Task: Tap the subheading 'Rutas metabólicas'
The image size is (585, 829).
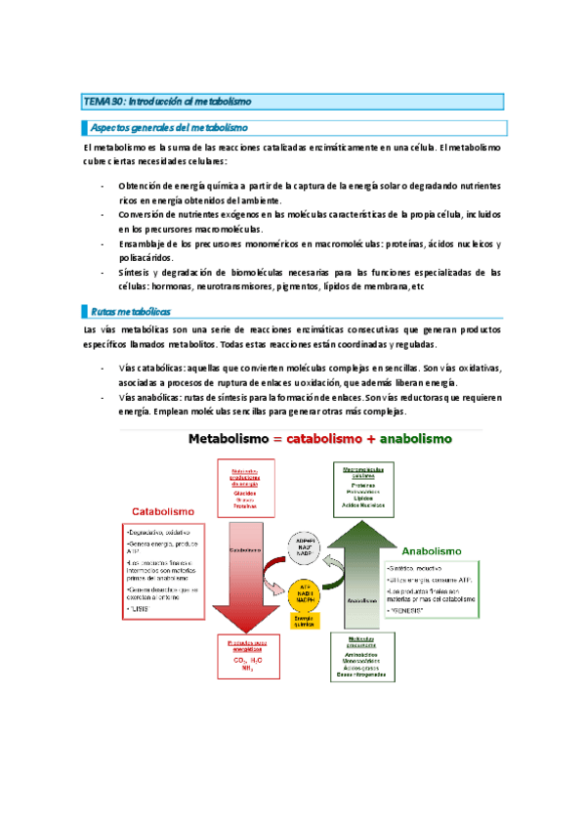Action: tap(130, 310)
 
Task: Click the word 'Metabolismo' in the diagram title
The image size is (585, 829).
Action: tap(233, 439)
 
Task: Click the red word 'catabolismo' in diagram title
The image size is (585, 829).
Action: tap(329, 439)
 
